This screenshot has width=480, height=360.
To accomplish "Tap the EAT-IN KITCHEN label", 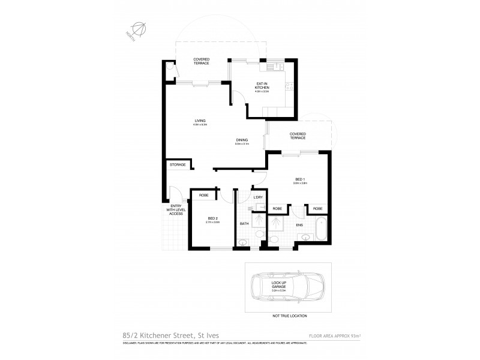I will pyautogui.click(x=262, y=87).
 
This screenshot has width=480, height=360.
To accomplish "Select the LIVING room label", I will pyautogui.click(x=200, y=121).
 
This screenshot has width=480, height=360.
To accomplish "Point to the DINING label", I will pyautogui.click(x=242, y=141).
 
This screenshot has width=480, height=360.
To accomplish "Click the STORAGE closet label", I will pyautogui.click(x=177, y=164).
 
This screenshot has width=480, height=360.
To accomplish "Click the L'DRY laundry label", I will pyautogui.click(x=259, y=197).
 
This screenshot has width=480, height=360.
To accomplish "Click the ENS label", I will pyautogui.click(x=299, y=226).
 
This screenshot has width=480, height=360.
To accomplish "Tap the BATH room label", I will pyautogui.click(x=244, y=224).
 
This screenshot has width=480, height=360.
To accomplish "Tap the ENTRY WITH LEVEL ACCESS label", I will pyautogui.click(x=175, y=211).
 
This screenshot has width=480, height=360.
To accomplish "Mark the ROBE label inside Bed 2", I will pyautogui.click(x=203, y=196).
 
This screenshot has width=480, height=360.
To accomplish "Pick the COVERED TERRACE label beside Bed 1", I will pyautogui.click(x=298, y=136).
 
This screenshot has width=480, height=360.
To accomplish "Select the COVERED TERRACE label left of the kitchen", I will pyautogui.click(x=201, y=61).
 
